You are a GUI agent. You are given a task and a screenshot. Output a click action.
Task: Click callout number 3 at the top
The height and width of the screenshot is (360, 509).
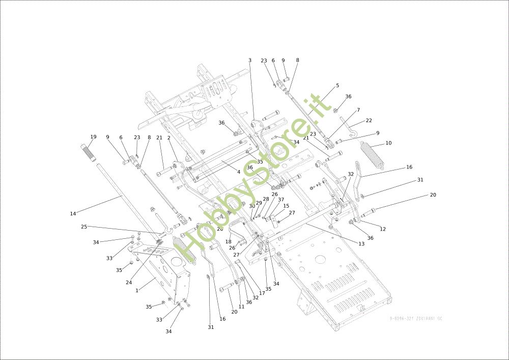(x=250, y=61)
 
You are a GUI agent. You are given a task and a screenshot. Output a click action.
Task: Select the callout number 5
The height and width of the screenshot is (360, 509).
(x=337, y=86)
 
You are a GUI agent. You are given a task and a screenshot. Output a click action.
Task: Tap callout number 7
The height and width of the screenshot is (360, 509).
(x=358, y=110)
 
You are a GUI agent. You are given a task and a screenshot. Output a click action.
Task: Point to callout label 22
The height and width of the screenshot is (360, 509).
(x=369, y=121)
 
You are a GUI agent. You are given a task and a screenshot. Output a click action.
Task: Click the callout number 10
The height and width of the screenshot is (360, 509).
(x=388, y=143)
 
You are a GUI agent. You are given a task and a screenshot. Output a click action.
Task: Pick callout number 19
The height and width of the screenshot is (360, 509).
(x=93, y=137)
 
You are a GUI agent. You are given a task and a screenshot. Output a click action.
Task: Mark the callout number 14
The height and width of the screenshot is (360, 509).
(x=73, y=214)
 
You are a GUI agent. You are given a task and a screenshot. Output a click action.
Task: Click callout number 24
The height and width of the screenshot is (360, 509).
(x=129, y=282)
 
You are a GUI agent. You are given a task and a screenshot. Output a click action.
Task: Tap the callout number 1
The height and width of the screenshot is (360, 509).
(x=137, y=290)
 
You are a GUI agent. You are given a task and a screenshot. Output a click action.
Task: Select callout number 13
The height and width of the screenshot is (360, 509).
(x=361, y=244)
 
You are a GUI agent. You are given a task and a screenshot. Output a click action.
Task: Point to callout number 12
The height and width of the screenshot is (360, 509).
(x=383, y=229)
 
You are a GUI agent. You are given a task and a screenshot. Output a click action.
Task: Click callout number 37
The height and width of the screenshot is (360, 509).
(x=281, y=200)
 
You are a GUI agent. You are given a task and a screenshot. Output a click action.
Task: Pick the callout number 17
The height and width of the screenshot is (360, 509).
(x=262, y=293)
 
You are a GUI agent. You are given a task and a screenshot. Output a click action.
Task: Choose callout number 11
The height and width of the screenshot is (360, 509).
(x=241, y=307)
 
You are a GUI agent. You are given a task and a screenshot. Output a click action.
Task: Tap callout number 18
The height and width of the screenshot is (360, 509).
(x=229, y=242)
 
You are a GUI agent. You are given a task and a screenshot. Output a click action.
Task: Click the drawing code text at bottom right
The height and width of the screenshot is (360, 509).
(x=416, y=318)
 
